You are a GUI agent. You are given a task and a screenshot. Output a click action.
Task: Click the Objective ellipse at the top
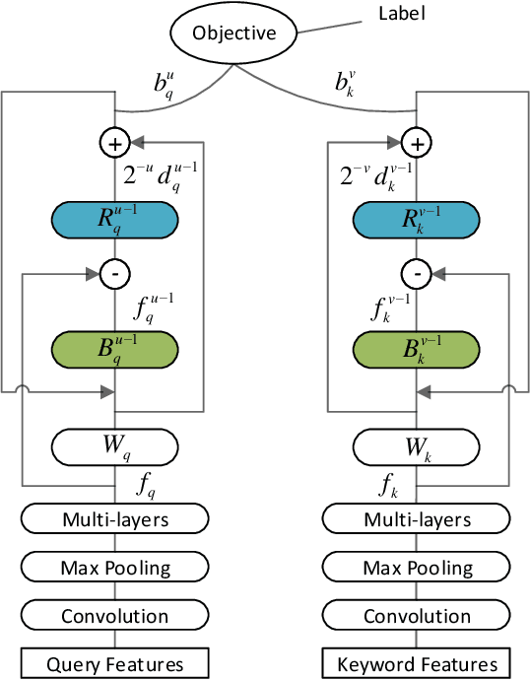click(x=232, y=34)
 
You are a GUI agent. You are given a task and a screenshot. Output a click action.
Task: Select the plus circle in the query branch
click(x=115, y=144)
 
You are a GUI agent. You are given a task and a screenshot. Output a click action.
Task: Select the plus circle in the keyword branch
click(x=418, y=144)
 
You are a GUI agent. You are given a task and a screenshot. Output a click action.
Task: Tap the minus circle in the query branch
click(x=115, y=272)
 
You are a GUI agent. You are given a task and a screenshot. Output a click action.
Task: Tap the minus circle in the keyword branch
click(x=418, y=272)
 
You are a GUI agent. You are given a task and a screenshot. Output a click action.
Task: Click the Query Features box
click(x=115, y=663)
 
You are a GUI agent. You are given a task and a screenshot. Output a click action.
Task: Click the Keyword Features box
click(x=418, y=663)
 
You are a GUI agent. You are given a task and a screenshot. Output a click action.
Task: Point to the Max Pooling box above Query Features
click(x=115, y=568)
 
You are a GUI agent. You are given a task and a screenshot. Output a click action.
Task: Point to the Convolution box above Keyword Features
click(x=418, y=616)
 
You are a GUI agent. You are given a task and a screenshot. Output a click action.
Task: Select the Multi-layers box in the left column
click(x=115, y=519)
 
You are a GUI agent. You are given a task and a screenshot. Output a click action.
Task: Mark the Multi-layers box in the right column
click(x=418, y=519)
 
